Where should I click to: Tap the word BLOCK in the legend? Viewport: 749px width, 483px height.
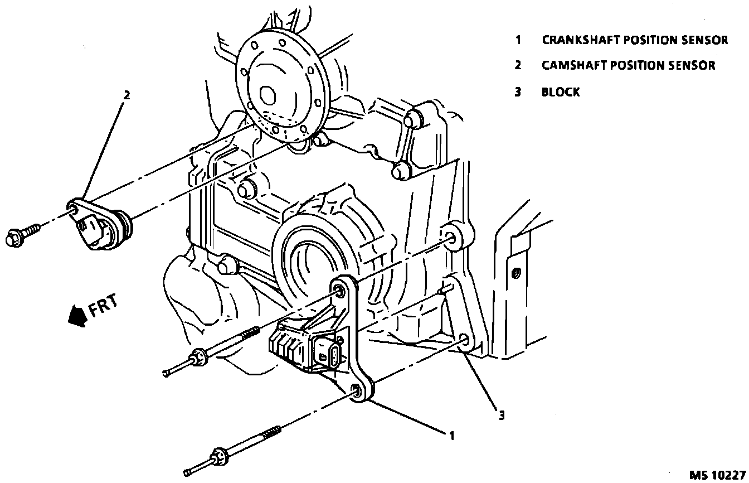561,93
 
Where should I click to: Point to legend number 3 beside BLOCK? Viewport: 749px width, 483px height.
518,93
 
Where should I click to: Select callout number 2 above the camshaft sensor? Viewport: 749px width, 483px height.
127,95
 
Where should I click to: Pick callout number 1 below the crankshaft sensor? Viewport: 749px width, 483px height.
452,436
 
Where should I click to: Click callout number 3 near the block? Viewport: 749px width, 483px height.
502,415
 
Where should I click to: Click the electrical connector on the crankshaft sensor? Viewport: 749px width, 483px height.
325,353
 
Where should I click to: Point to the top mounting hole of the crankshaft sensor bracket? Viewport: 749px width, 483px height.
338,289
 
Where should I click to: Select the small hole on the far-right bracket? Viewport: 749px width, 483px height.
515,273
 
